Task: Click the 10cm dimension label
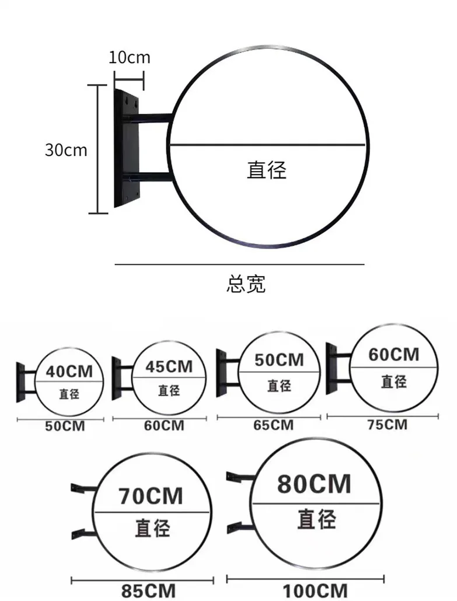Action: click(x=128, y=57)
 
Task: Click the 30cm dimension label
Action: click(x=66, y=150)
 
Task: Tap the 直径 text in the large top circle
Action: click(x=267, y=170)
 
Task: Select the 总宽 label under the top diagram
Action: click(x=246, y=284)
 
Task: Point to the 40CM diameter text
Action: click(x=69, y=371)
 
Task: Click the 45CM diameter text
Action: click(x=168, y=366)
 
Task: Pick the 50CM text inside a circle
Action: click(x=278, y=360)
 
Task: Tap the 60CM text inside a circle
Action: click(x=393, y=354)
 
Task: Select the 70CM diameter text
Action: click(x=151, y=496)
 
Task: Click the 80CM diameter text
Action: click(x=314, y=484)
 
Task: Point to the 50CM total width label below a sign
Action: click(x=65, y=427)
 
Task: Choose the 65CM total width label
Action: click(x=273, y=425)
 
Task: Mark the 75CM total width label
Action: click(x=387, y=424)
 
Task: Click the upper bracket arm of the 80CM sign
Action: click(x=240, y=477)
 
